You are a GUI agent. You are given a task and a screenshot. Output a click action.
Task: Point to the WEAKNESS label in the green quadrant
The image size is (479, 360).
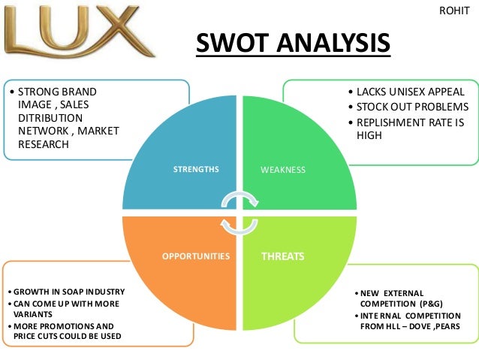coord(283,170)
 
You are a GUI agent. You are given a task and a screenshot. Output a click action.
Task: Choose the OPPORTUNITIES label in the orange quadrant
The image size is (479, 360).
coord(196,256)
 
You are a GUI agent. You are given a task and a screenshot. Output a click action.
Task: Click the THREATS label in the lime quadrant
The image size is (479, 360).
coord(282,256)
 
